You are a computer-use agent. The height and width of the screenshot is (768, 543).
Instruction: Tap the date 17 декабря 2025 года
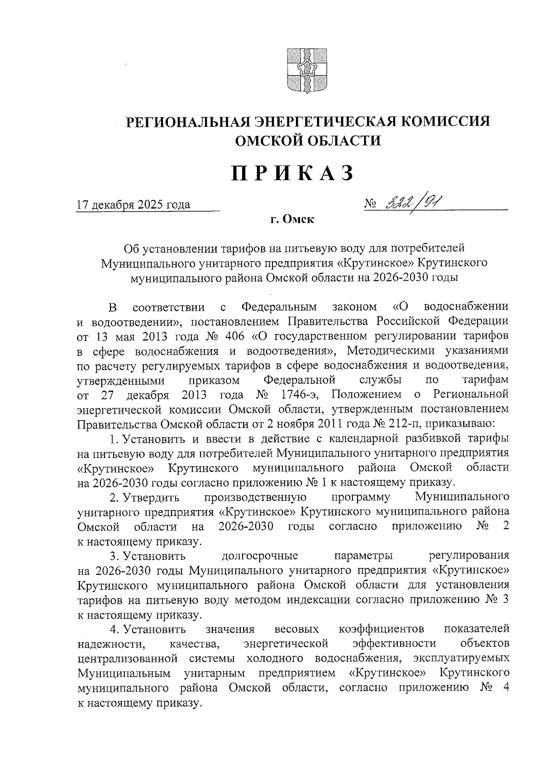[133, 205]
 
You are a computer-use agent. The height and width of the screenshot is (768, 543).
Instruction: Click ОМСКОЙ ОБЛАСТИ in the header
[308, 141]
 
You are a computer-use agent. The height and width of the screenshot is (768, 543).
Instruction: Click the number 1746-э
[299, 395]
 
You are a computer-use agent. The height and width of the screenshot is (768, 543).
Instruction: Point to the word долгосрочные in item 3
[260, 556]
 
